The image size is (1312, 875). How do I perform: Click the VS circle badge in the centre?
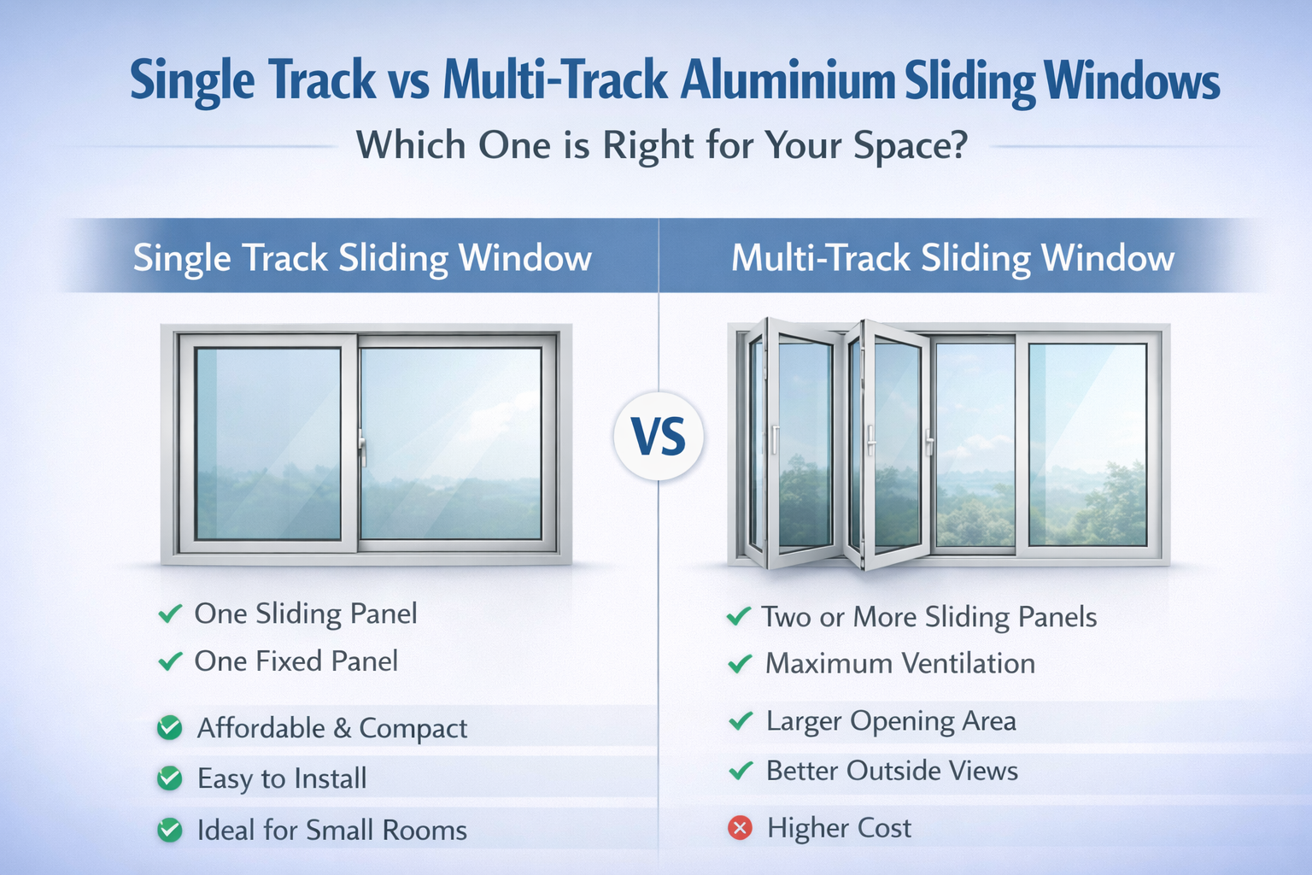[x=659, y=437]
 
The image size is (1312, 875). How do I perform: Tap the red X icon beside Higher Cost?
[x=740, y=828]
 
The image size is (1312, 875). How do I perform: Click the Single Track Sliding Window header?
[x=362, y=257]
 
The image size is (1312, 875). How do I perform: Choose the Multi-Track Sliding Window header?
[x=952, y=257]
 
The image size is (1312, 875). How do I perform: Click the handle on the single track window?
[x=362, y=446]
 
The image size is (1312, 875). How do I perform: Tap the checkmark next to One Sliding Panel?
[x=170, y=614]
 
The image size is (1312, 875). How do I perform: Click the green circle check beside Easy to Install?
[x=170, y=778]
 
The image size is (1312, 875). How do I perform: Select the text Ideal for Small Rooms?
[x=331, y=830]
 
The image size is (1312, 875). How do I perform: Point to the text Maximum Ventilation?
[x=899, y=663]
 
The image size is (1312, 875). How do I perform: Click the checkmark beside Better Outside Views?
[x=740, y=771]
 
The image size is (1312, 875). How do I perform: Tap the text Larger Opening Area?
[x=891, y=721]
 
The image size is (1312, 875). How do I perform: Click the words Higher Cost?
[x=839, y=828]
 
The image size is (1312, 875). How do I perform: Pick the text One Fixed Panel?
[x=296, y=661]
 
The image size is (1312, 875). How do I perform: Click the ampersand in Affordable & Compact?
[x=342, y=728]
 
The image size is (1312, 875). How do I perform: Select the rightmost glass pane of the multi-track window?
[x=1086, y=444]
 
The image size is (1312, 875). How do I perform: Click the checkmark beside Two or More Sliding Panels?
[x=738, y=616]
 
